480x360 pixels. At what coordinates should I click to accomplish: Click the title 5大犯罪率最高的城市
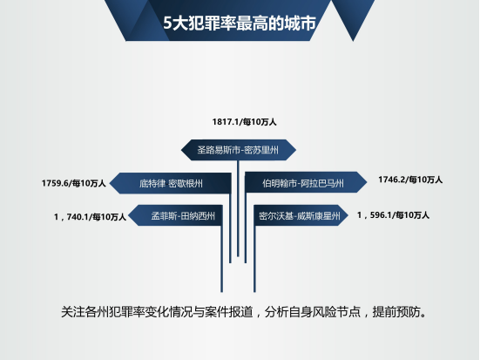(x=239, y=23)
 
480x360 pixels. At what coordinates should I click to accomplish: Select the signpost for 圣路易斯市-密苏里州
(x=239, y=150)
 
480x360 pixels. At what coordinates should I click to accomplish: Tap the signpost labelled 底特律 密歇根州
(x=170, y=183)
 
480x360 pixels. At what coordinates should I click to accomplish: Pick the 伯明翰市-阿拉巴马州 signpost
(x=306, y=182)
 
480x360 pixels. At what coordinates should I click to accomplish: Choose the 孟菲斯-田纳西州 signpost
(x=175, y=215)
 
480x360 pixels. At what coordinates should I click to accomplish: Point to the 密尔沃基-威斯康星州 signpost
(x=301, y=215)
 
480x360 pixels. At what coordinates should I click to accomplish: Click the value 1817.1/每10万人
(x=244, y=122)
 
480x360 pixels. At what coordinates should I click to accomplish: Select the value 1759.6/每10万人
(x=73, y=183)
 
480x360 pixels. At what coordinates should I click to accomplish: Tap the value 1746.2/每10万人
(x=410, y=180)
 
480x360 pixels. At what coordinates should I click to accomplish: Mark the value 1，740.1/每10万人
(x=90, y=217)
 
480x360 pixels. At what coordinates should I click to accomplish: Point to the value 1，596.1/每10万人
(x=393, y=215)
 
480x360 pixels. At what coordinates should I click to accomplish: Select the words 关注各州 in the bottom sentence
(x=85, y=312)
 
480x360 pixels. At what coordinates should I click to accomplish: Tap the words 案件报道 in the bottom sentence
(x=228, y=312)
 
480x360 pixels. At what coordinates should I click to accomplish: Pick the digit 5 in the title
(x=167, y=24)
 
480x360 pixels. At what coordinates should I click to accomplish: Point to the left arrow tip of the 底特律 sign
(x=110, y=184)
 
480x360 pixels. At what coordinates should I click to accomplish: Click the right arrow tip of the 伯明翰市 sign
(x=367, y=182)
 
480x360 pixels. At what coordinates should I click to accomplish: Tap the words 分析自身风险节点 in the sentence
(x=312, y=312)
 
